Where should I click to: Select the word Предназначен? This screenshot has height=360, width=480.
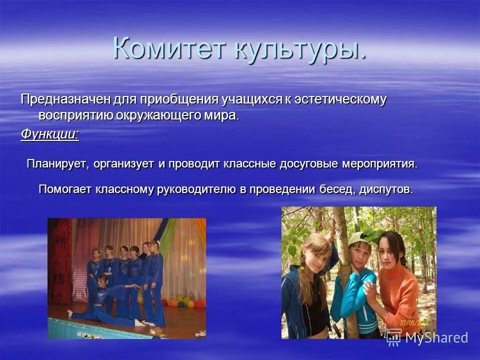pyautogui.click(x=65, y=99)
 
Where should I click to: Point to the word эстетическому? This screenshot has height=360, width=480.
pyautogui.click(x=339, y=99)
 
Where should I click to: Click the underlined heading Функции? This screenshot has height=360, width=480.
pyautogui.click(x=49, y=134)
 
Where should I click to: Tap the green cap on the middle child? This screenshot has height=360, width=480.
pyautogui.click(x=358, y=239)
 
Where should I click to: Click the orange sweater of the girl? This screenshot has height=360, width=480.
pyautogui.click(x=400, y=295)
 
